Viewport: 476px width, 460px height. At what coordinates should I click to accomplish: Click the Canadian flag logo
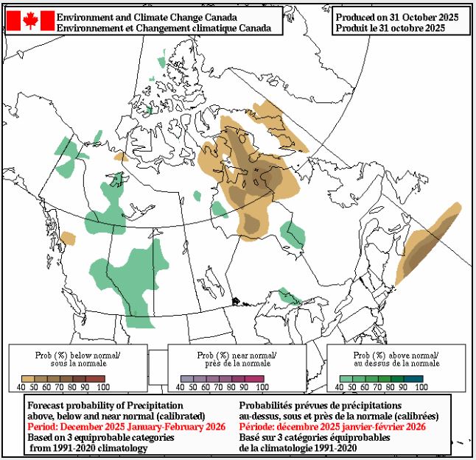point(30,21)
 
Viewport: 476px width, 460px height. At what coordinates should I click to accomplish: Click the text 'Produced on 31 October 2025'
point(396,17)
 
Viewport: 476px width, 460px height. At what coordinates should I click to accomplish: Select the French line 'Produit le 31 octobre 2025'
point(390,28)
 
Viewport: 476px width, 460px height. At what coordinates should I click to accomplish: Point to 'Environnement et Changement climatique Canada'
point(164,28)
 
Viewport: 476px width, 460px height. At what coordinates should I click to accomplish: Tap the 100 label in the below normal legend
point(102,386)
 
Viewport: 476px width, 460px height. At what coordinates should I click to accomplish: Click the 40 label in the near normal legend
point(184,386)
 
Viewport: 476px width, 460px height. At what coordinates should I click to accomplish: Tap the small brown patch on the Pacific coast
point(68,238)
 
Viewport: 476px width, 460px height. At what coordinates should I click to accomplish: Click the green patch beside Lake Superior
point(290,297)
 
